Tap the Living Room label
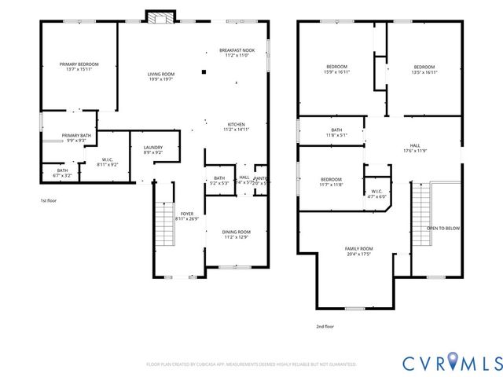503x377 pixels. pos(160,75)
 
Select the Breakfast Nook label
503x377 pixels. pos(237,53)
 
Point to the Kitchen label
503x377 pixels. pos(237,126)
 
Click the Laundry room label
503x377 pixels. pos(152,149)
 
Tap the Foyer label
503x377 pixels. pos(187,216)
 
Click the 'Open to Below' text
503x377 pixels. pos(443,229)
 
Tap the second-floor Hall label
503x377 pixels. pos(414,148)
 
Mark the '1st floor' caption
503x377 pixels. pos(50,200)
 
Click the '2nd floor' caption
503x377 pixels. pos(325,326)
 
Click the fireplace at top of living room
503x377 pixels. pos(157,16)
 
